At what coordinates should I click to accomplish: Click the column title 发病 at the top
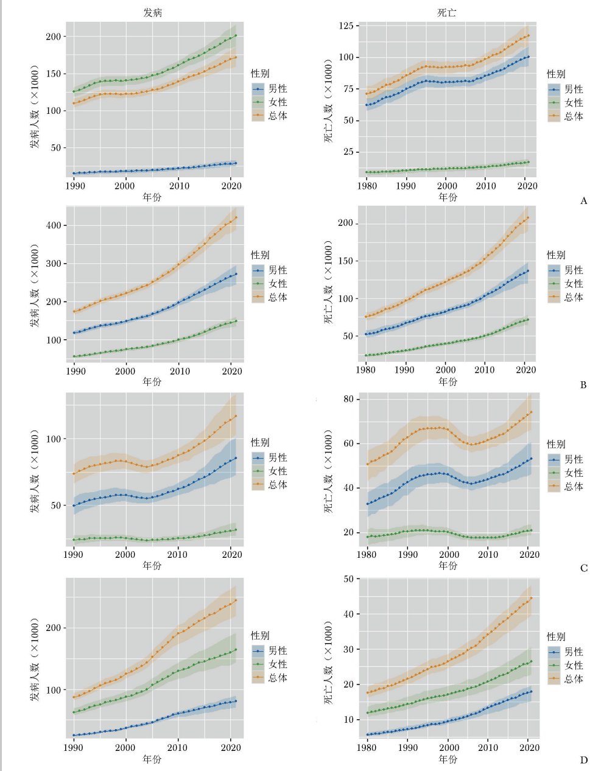pyautogui.click(x=153, y=13)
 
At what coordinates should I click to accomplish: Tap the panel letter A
pyautogui.click(x=584, y=201)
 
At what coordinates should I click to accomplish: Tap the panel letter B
pyautogui.click(x=583, y=385)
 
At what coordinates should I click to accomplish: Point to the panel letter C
pyautogui.click(x=583, y=568)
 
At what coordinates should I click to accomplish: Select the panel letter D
pyautogui.click(x=583, y=759)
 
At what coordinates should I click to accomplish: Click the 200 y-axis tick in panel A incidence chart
pyautogui.click(x=54, y=37)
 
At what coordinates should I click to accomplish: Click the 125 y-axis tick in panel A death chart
pyautogui.click(x=346, y=26)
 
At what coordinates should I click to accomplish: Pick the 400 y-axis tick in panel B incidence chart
pyautogui.click(x=54, y=225)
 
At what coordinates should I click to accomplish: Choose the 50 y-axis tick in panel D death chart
pyautogui.click(x=349, y=579)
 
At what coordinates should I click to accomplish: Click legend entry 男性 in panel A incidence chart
pyautogui.click(x=278, y=89)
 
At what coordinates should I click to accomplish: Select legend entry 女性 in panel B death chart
pyautogui.click(x=574, y=284)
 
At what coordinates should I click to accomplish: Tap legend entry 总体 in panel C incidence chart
pyautogui.click(x=278, y=485)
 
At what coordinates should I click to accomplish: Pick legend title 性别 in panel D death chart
pyautogui.click(x=556, y=636)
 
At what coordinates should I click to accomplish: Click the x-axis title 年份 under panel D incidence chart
pyautogui.click(x=152, y=759)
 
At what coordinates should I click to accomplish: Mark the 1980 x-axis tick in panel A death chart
pyautogui.click(x=367, y=185)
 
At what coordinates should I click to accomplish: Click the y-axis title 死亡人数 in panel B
pyautogui.click(x=329, y=284)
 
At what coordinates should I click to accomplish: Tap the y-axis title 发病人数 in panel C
pyautogui.click(x=35, y=472)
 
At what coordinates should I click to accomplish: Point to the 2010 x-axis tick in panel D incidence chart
pyautogui.click(x=178, y=747)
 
